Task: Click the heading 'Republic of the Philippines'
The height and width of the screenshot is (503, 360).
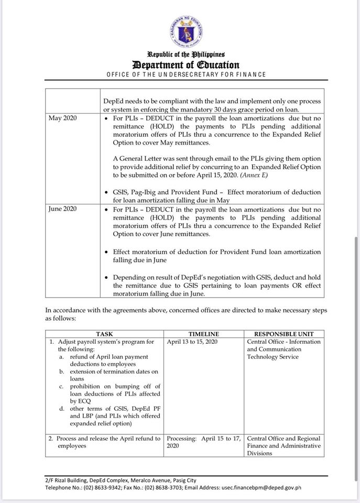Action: pos(186,54)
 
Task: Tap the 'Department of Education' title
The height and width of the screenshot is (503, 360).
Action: pos(186,65)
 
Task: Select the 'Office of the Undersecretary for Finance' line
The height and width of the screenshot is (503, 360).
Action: pos(186,74)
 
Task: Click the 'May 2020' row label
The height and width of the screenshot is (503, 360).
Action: pos(63,118)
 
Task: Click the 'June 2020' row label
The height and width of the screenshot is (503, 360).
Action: pos(63,209)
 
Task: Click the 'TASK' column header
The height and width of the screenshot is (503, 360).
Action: pos(104,334)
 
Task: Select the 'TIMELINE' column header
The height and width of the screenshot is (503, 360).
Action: pos(204,334)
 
